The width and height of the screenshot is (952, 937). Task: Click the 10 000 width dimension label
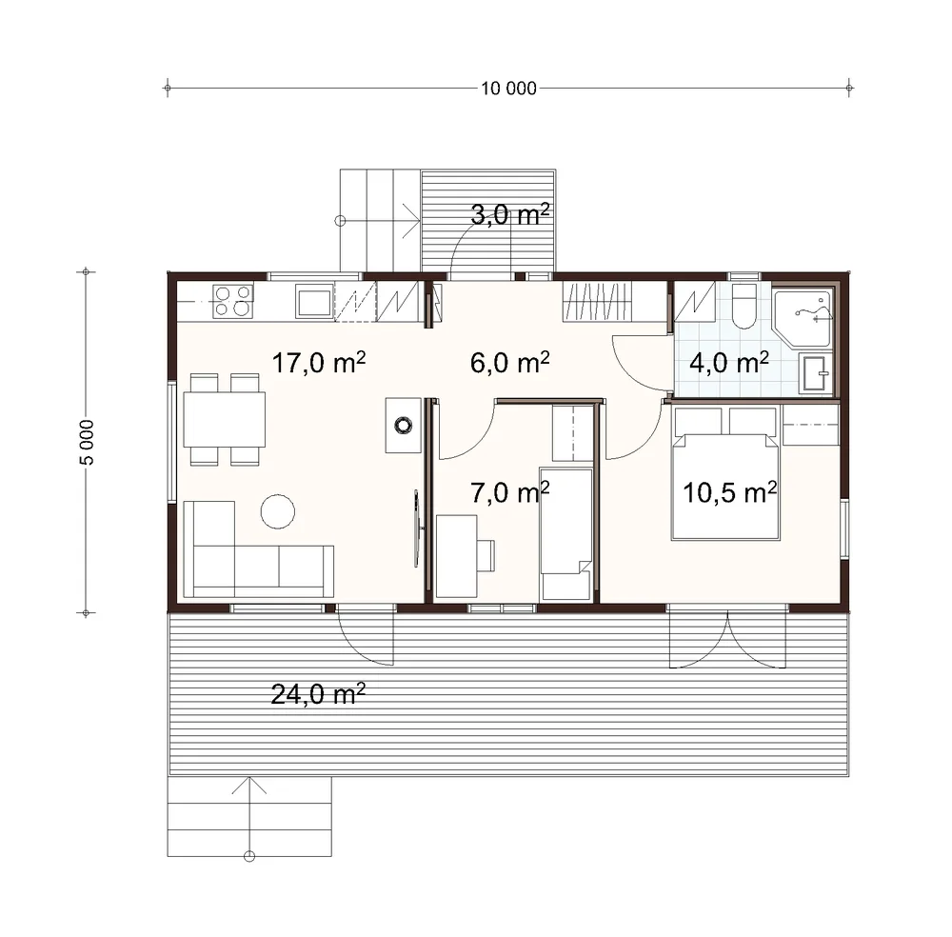click(x=508, y=89)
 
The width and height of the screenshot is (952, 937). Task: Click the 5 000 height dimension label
click(x=87, y=442)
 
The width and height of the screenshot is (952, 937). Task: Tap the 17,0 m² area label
click(x=319, y=363)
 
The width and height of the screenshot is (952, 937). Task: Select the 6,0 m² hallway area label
click(x=510, y=363)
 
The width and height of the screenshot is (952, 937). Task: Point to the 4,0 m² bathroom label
click(x=729, y=363)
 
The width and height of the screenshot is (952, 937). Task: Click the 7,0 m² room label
click(x=510, y=492)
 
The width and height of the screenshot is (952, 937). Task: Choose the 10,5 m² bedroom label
click(x=730, y=492)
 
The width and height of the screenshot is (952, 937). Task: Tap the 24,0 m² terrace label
click(x=318, y=693)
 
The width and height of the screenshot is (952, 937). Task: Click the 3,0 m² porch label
click(x=510, y=214)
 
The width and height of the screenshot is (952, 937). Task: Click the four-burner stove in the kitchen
click(x=233, y=301)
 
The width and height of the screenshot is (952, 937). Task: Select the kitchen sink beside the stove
click(x=314, y=302)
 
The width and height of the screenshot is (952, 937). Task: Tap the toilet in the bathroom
click(x=744, y=306)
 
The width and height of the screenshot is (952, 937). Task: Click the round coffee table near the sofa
click(x=278, y=511)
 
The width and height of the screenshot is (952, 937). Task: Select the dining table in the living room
click(x=225, y=420)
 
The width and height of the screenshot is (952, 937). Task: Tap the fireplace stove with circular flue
click(x=404, y=425)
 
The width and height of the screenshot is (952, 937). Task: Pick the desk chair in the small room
click(x=486, y=555)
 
